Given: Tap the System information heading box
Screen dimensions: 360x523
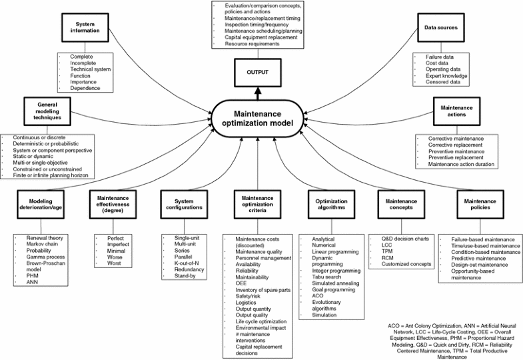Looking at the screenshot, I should coord(84,29).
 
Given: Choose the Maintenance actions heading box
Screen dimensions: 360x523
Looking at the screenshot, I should coord(456,111).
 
